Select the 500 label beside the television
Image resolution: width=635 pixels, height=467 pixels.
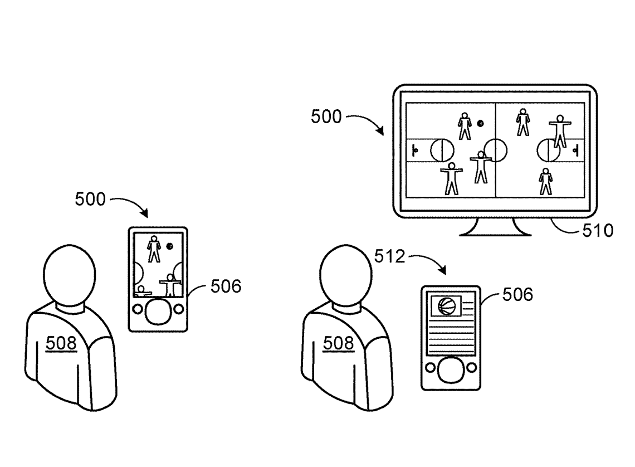point(327,118)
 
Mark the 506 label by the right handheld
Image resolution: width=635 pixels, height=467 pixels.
point(517,294)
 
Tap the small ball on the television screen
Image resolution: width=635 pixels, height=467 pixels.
point(480,123)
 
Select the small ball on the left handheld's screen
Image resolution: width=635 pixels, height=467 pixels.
point(170,246)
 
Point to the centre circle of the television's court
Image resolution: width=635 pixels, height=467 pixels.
point(495,149)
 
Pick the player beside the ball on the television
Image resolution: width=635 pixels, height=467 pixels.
point(465,127)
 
